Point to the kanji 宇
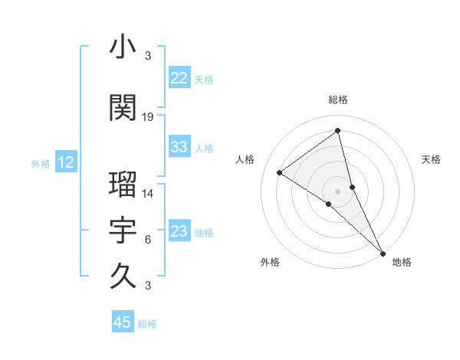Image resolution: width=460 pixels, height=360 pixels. pos(123,230)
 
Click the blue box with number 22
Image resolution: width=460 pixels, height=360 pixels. pos(179,78)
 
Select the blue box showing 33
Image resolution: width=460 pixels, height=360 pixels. pos(179,147)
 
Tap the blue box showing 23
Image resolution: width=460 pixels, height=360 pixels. pos(179,231)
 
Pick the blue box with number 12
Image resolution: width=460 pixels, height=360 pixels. pos(66,162)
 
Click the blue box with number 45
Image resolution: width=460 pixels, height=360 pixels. pos(123,322)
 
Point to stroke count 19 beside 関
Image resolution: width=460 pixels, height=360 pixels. pos(148,117)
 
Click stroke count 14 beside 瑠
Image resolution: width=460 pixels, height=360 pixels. pos(148,194)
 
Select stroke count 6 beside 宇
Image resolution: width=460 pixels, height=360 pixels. pos(148,240)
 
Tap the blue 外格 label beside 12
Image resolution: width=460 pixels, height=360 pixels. pos(41,163)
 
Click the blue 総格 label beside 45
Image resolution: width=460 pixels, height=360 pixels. pos(147,324)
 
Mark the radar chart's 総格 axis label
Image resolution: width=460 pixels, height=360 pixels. pos(338,100)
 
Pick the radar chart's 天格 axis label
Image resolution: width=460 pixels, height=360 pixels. pos(431,159)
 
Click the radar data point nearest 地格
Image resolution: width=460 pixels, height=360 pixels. pos(382,251)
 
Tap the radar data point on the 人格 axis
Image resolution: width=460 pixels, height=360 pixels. pos(280,172)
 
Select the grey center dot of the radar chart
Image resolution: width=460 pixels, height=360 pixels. pos(338,191)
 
